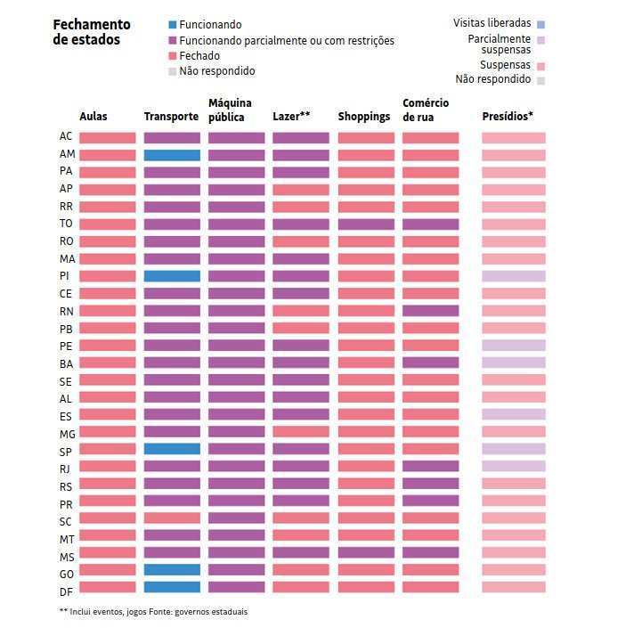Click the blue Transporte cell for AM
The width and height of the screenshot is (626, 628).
pyautogui.click(x=172, y=155)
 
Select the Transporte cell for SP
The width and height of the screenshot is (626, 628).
pyautogui.click(x=172, y=449)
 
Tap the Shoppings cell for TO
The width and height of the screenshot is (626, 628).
pyautogui.click(x=366, y=224)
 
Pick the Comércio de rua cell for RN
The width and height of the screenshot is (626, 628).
pyautogui.click(x=431, y=311)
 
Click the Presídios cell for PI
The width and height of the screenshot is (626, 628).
pyautogui.click(x=514, y=276)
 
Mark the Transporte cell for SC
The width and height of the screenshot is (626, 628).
pyautogui.click(x=172, y=518)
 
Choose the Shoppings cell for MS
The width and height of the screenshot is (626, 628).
pyautogui.click(x=366, y=552)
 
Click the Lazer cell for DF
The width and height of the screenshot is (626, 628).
pyautogui.click(x=301, y=587)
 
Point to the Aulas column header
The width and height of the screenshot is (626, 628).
pyautogui.click(x=93, y=117)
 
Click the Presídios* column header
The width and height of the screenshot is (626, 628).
pyautogui.click(x=508, y=116)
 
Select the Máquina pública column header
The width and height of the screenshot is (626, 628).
pyautogui.click(x=230, y=110)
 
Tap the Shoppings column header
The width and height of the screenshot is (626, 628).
pyautogui.click(x=364, y=117)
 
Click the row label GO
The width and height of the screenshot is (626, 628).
pyautogui.click(x=67, y=575)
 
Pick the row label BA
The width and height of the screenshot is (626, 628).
pyautogui.click(x=66, y=364)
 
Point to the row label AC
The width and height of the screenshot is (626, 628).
pyautogui.click(x=66, y=136)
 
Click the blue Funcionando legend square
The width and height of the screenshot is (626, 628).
pyautogui.click(x=173, y=25)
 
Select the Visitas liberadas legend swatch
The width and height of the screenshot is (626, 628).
pyautogui.click(x=541, y=25)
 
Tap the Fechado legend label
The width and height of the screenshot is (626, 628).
pyautogui.click(x=199, y=55)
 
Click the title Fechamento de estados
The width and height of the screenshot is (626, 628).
pyautogui.click(x=92, y=32)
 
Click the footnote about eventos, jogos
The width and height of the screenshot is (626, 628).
pyautogui.click(x=154, y=612)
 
